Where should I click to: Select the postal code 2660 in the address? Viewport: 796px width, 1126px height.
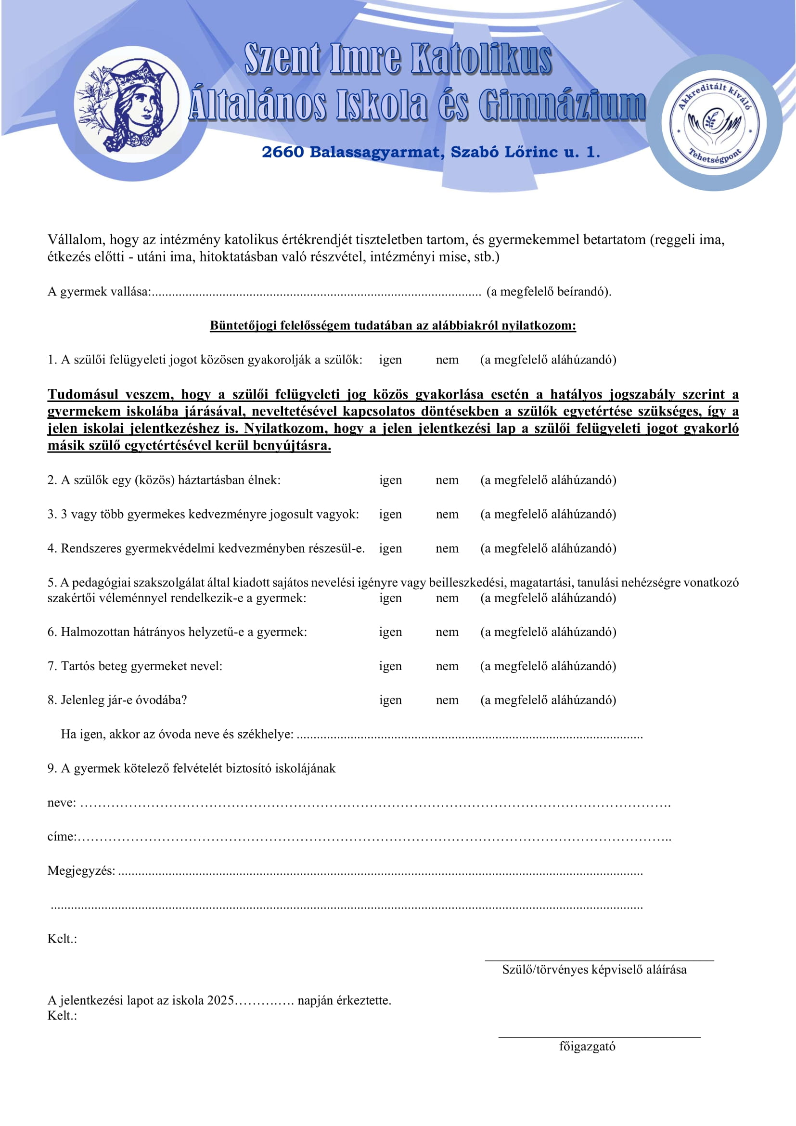tap(283, 152)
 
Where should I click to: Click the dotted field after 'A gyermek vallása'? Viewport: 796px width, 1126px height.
tap(316, 293)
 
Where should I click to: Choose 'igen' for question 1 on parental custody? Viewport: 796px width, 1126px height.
tap(390, 360)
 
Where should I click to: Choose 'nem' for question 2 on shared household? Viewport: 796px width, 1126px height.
tap(447, 480)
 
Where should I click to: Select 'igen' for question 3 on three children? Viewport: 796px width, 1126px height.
tap(390, 515)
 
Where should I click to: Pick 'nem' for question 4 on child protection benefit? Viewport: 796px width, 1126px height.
tap(447, 548)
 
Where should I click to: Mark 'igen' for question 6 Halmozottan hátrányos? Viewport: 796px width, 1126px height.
tap(390, 632)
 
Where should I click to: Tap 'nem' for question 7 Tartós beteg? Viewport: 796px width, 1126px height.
tap(447, 666)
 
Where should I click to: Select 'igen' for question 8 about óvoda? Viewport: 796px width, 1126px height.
tap(390, 700)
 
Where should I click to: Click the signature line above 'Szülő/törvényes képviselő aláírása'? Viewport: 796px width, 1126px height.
tap(599, 960)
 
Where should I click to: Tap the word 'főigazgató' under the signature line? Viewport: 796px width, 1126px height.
tap(587, 1047)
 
